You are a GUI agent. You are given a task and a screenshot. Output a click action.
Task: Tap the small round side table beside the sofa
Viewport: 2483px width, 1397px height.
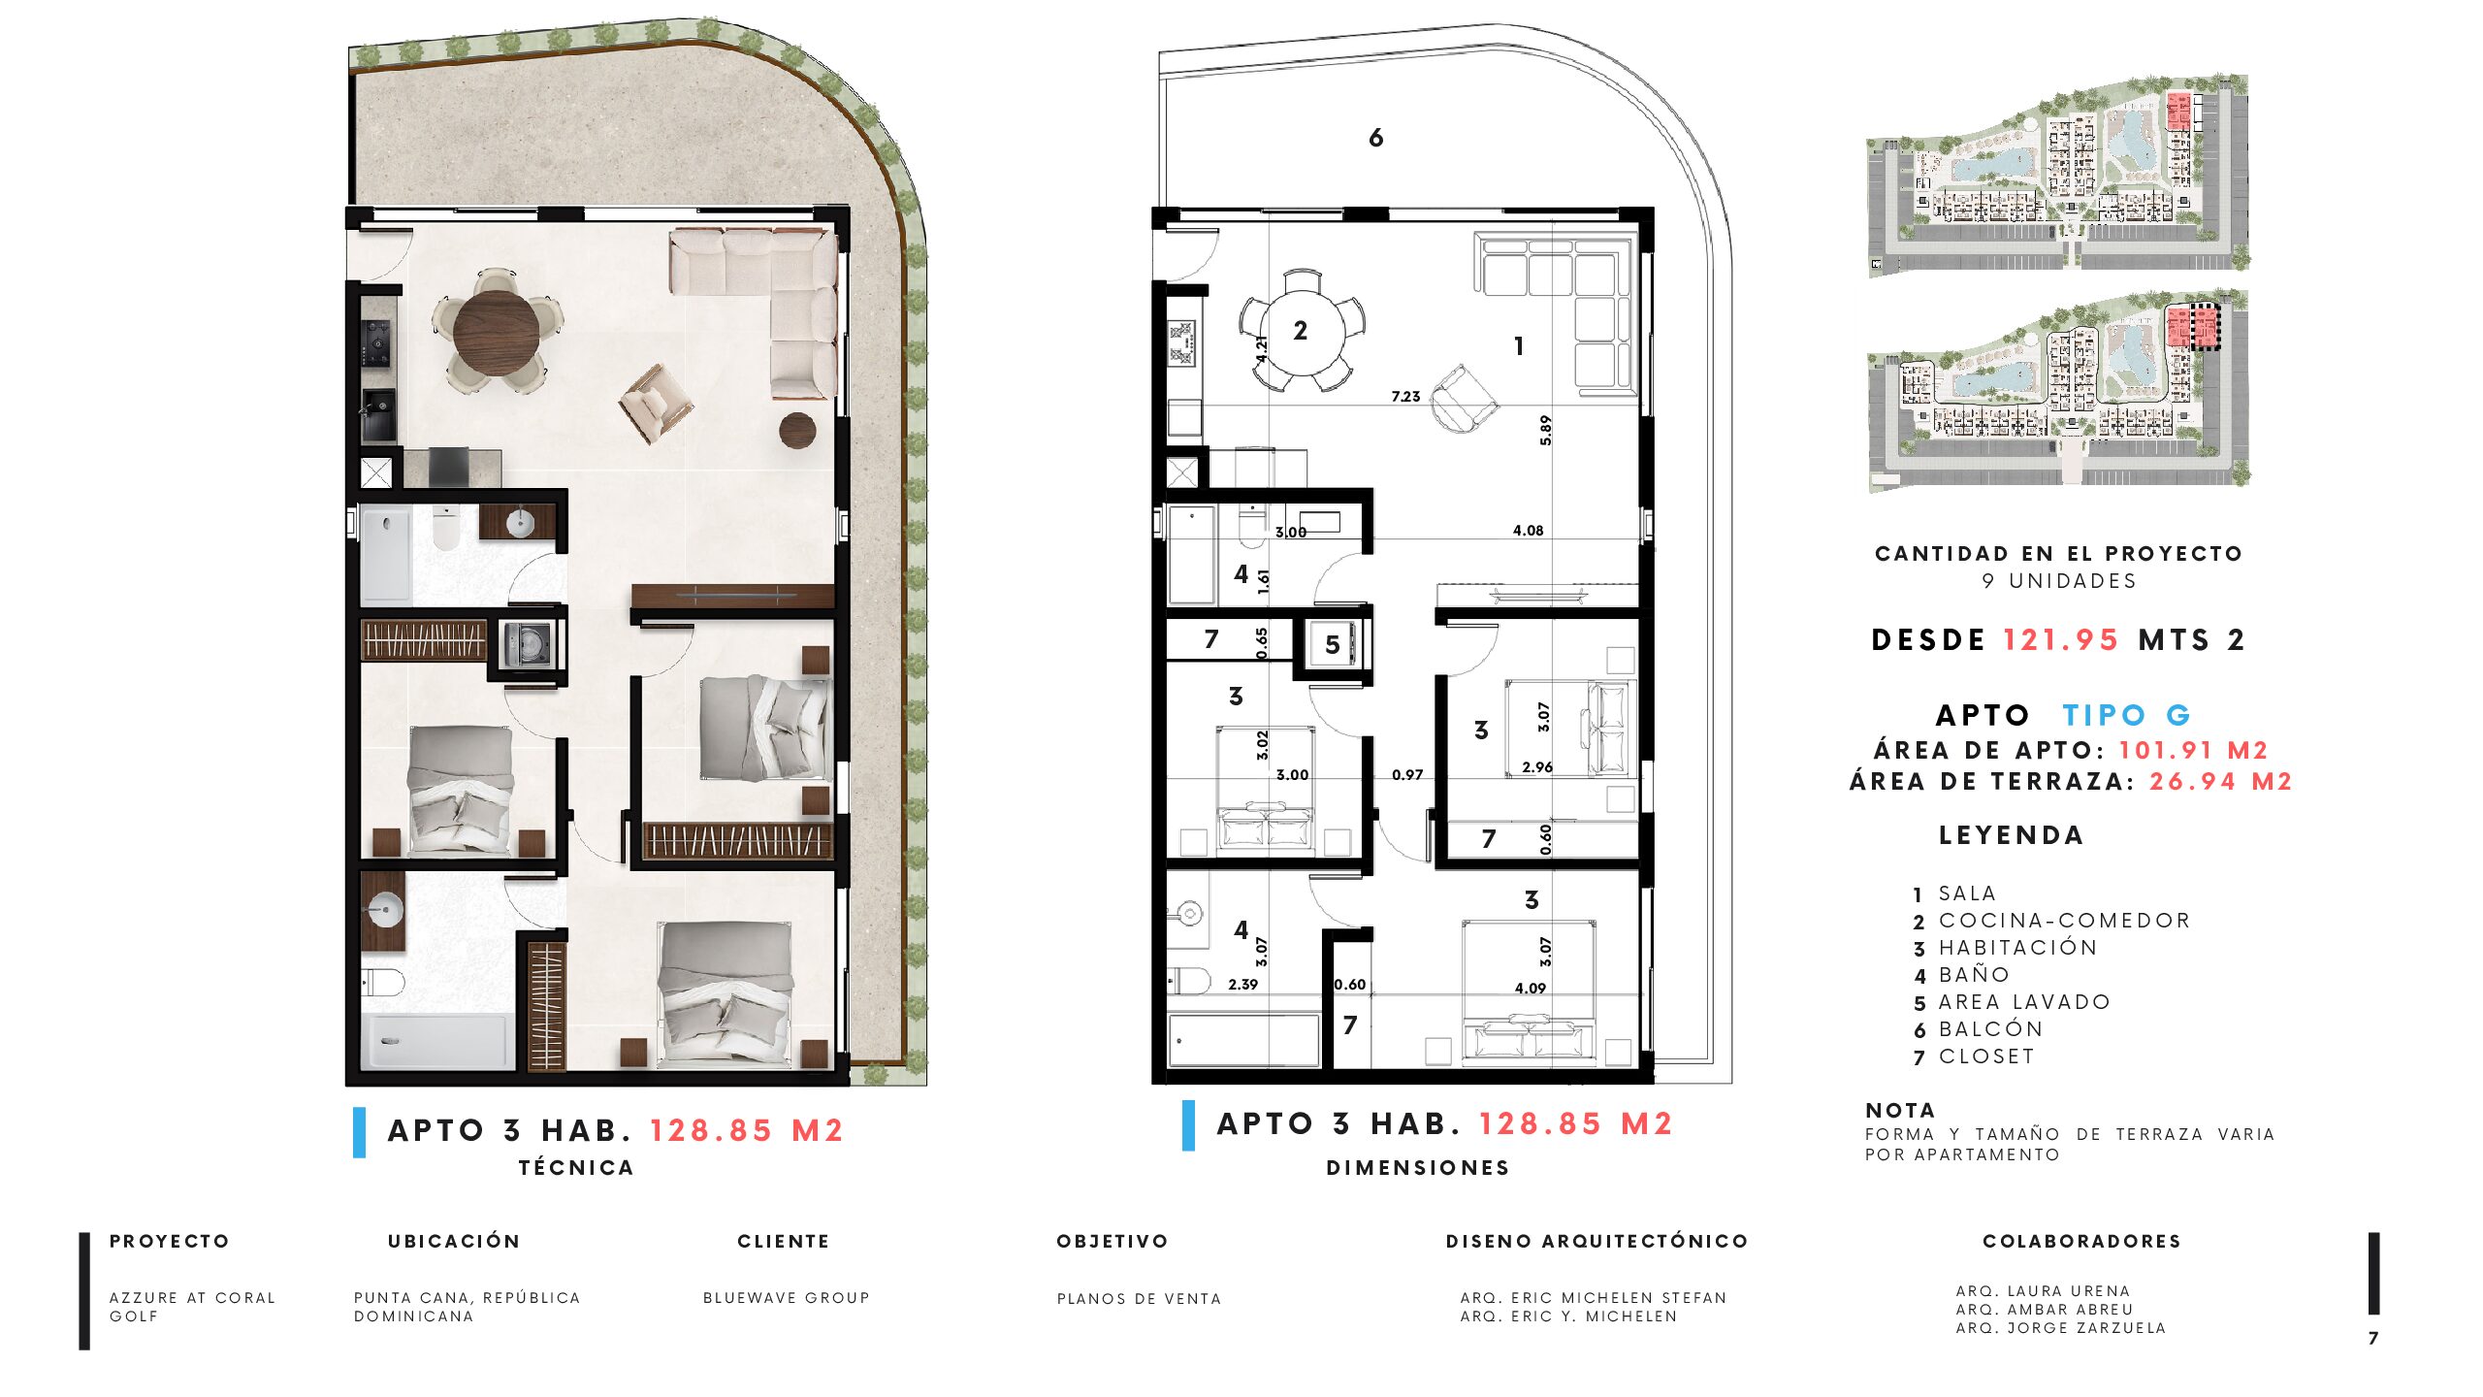(797, 430)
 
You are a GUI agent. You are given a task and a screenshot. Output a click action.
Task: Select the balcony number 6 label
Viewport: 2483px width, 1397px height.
(1375, 139)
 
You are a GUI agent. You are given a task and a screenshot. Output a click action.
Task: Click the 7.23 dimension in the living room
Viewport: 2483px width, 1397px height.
(1405, 396)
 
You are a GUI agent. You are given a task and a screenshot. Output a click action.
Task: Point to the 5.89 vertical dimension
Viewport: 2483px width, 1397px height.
(1545, 430)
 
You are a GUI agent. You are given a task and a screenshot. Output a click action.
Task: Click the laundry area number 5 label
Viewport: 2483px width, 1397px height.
(1333, 645)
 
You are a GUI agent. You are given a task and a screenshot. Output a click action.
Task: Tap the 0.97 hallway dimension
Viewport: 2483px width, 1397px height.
(1407, 774)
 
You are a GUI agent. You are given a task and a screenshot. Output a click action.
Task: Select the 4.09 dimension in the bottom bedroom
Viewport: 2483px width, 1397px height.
(1531, 988)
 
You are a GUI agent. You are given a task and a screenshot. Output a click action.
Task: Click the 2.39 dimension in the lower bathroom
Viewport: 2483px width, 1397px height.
(1242, 984)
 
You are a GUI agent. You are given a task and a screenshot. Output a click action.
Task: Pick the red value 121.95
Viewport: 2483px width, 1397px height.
(2061, 640)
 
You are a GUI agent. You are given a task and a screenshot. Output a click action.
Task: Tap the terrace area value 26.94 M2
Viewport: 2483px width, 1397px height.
(2220, 781)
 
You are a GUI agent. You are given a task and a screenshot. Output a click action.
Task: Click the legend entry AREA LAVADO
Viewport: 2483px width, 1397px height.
(2024, 1001)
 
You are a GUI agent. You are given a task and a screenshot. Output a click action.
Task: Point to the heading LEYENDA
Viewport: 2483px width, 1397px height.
(2011, 835)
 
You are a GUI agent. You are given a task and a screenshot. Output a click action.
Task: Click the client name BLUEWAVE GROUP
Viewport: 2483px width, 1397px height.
(787, 1298)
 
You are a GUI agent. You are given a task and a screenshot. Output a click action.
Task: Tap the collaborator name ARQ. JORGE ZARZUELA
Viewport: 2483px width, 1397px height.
(2061, 1328)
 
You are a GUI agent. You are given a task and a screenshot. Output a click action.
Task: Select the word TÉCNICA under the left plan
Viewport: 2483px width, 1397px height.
(576, 1167)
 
